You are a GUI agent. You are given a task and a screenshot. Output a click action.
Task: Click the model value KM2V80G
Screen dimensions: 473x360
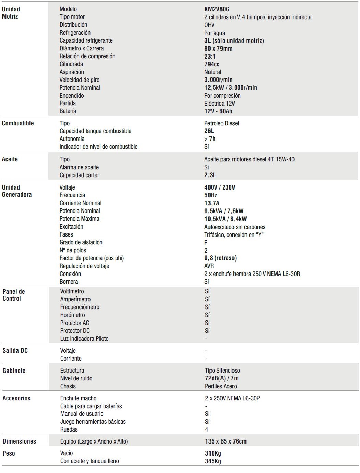[x=217, y=9]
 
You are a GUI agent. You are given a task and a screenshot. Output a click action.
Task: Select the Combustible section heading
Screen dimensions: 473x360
[x=18, y=123]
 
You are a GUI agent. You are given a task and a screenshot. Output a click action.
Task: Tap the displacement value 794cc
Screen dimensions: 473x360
[x=212, y=64]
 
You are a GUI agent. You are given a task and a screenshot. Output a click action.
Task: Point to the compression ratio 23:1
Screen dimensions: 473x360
[x=210, y=57]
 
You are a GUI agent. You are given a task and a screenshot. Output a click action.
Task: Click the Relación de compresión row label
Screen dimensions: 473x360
[x=87, y=56]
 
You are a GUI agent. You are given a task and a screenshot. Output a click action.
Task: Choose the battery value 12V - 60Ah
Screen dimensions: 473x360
[x=218, y=111]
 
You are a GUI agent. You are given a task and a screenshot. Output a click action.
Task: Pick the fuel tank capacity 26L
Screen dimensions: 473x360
[x=209, y=131]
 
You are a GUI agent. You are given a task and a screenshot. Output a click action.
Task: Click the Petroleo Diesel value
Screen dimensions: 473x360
[x=221, y=123]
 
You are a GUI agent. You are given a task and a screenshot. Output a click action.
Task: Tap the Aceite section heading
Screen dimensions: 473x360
[x=10, y=159]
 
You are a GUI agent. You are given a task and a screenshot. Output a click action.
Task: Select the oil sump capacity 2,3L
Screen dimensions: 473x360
[x=210, y=175]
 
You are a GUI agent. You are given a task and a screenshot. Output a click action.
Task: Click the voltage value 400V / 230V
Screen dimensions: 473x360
[x=219, y=187]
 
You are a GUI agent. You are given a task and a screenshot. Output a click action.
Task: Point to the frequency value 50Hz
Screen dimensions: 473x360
[x=211, y=195]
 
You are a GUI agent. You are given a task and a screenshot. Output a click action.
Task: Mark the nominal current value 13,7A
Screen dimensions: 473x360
[x=212, y=203]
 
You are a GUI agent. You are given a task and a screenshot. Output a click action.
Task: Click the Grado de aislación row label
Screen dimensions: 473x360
[x=81, y=242]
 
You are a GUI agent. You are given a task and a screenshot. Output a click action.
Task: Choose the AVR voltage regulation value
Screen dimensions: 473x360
[x=209, y=266]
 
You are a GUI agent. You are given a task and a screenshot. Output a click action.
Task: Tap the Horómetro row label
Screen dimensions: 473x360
[x=72, y=315]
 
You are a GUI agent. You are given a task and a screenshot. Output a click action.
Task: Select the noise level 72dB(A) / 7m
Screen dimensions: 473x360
[x=221, y=378]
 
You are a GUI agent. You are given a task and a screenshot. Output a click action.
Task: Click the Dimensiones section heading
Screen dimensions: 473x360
[x=19, y=441]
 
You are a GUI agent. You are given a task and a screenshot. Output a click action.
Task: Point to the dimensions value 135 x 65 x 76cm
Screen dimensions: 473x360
[x=226, y=441]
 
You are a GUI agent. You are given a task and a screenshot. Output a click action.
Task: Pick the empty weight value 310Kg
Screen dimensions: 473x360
[x=213, y=453]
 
